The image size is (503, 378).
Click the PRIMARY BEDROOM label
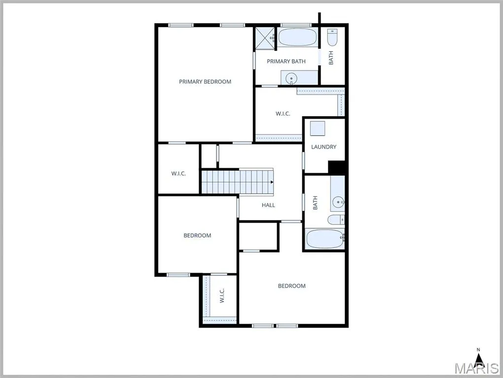(x=205, y=82)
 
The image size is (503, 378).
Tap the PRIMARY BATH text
(x=286, y=61)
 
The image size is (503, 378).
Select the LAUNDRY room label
(x=323, y=147)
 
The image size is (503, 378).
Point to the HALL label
(x=268, y=205)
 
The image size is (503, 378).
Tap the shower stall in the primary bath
(x=265, y=39)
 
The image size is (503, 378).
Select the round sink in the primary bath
(x=291, y=78)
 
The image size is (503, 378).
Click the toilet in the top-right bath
(x=332, y=37)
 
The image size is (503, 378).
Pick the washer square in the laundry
(x=318, y=128)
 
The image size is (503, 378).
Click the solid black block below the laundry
(x=336, y=168)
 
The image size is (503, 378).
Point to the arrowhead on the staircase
(x=272, y=182)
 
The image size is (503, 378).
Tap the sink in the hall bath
(x=338, y=202)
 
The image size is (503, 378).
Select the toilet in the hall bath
(x=336, y=220)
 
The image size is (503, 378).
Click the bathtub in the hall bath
(x=324, y=239)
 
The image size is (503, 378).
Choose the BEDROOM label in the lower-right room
(x=291, y=286)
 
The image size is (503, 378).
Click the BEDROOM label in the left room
(x=197, y=236)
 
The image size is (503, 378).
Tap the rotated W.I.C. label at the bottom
(x=222, y=296)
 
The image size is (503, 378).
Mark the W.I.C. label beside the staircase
(x=179, y=173)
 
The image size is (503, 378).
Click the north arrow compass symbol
(x=479, y=358)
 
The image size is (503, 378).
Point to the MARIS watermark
(x=477, y=368)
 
